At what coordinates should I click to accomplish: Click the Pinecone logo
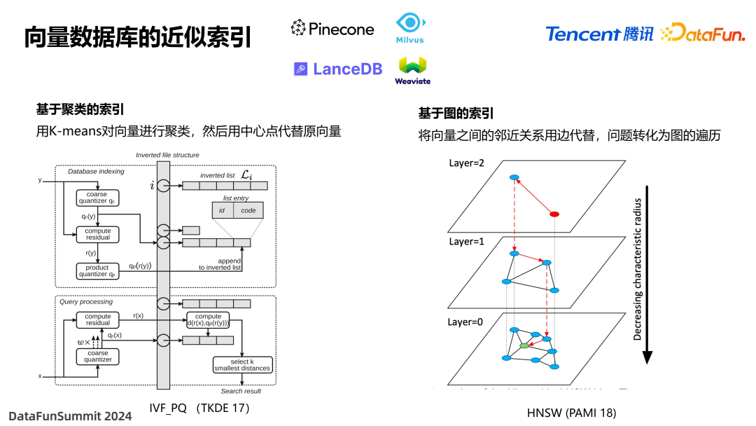click(x=332, y=29)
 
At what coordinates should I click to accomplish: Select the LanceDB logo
click(x=338, y=69)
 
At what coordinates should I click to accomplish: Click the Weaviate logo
click(x=412, y=70)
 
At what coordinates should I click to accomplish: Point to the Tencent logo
click(x=599, y=34)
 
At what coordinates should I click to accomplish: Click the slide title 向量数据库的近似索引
click(x=138, y=36)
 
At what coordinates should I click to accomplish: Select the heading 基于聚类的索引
click(x=80, y=109)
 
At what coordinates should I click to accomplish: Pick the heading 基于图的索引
click(x=456, y=114)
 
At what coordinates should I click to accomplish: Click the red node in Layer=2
click(x=554, y=214)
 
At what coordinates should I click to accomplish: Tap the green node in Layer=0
click(x=524, y=345)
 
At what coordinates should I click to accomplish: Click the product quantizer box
click(x=97, y=271)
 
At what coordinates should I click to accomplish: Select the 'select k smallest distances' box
click(x=241, y=364)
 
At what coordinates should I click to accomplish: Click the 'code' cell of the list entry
click(x=248, y=210)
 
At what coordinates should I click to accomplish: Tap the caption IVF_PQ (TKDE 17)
click(x=199, y=408)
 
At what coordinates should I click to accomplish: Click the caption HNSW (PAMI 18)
click(x=571, y=413)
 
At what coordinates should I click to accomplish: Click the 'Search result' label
click(x=241, y=391)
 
